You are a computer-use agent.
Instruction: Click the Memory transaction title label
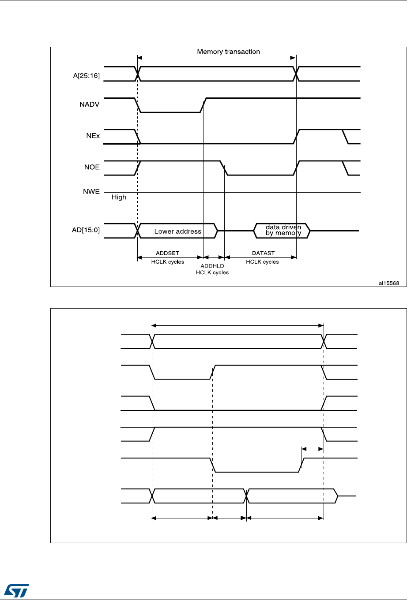coord(228,52)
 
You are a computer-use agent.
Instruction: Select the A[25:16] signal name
coord(86,75)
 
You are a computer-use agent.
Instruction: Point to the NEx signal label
coord(93,136)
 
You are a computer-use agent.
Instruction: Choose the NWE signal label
coord(92,192)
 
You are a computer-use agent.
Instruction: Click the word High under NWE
coord(119,198)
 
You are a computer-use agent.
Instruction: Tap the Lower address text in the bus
coord(177,231)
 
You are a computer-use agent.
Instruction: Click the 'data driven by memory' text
coord(283,230)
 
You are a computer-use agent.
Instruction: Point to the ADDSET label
coord(167,253)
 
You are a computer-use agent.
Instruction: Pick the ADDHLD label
coord(212,266)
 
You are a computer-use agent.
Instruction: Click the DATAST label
coord(263,253)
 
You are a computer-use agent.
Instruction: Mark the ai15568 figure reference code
coord(388,283)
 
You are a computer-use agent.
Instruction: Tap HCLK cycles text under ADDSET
coord(167,261)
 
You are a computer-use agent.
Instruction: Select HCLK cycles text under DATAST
coord(262,261)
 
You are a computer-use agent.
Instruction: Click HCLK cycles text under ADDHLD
coord(212,272)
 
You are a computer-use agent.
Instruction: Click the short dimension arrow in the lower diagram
coord(313,449)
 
